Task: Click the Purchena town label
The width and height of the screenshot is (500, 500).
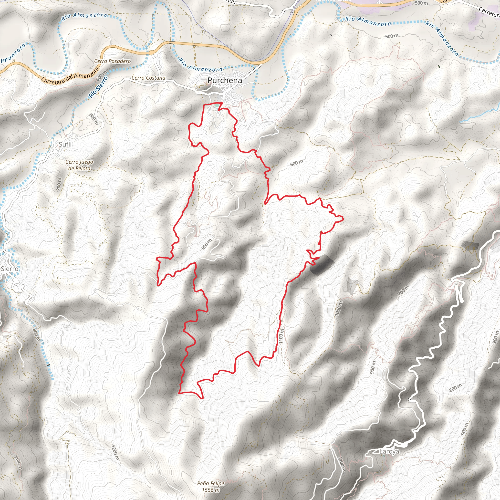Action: [225, 81]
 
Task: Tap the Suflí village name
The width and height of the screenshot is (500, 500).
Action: [65, 145]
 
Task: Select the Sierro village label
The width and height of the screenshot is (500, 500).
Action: [10, 269]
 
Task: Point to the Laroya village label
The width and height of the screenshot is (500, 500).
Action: [389, 452]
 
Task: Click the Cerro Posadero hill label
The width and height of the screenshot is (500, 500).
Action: [112, 61]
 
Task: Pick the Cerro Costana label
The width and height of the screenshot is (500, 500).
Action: [148, 78]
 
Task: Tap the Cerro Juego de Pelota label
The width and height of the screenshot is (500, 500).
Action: [79, 165]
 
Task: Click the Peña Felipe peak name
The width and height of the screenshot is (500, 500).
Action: [210, 483]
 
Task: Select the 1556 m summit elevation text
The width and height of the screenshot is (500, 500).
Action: [211, 490]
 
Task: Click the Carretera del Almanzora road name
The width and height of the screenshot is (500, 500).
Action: [70, 75]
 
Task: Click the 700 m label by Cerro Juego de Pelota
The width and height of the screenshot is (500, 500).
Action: [60, 184]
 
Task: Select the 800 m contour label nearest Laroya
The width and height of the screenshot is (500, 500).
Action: [455, 388]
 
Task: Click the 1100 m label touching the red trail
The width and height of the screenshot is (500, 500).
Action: [281, 336]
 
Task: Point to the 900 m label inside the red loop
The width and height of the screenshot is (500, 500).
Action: [206, 245]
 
